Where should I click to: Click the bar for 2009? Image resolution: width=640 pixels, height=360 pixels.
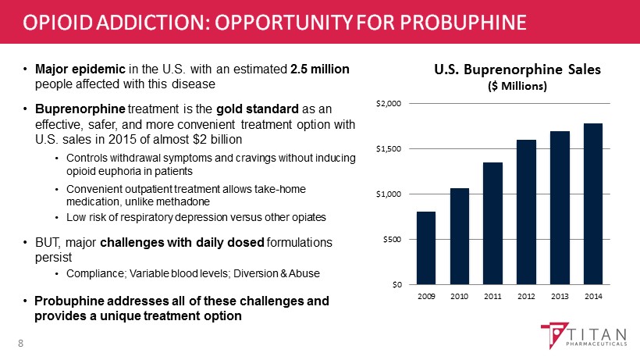[426, 248]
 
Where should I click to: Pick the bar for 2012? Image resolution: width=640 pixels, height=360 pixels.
[526, 212]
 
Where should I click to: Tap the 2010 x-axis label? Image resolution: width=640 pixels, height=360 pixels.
[459, 297]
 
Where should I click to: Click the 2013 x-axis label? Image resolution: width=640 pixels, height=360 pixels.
[560, 297]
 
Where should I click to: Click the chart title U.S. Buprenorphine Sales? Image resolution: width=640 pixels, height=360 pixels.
[517, 69]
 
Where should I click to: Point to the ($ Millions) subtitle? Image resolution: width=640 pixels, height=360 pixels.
[517, 85]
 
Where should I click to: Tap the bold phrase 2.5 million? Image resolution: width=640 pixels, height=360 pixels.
[319, 70]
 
